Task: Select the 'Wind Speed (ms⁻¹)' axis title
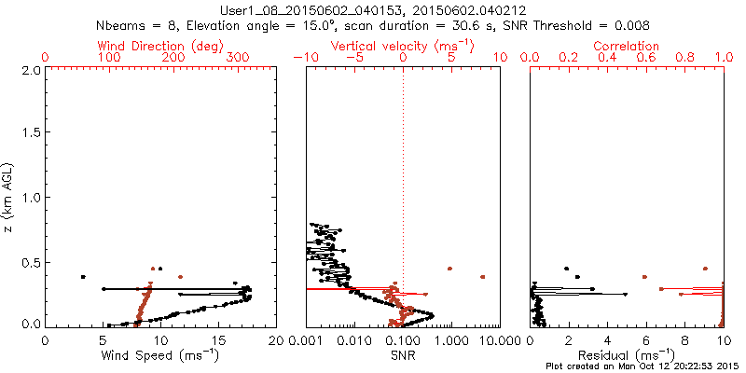161,355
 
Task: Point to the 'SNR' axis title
403,355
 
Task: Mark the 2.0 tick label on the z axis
30,70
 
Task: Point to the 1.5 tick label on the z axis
30,133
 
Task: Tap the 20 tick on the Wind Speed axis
276,341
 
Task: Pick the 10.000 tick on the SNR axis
493,341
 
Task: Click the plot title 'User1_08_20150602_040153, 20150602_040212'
373,9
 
